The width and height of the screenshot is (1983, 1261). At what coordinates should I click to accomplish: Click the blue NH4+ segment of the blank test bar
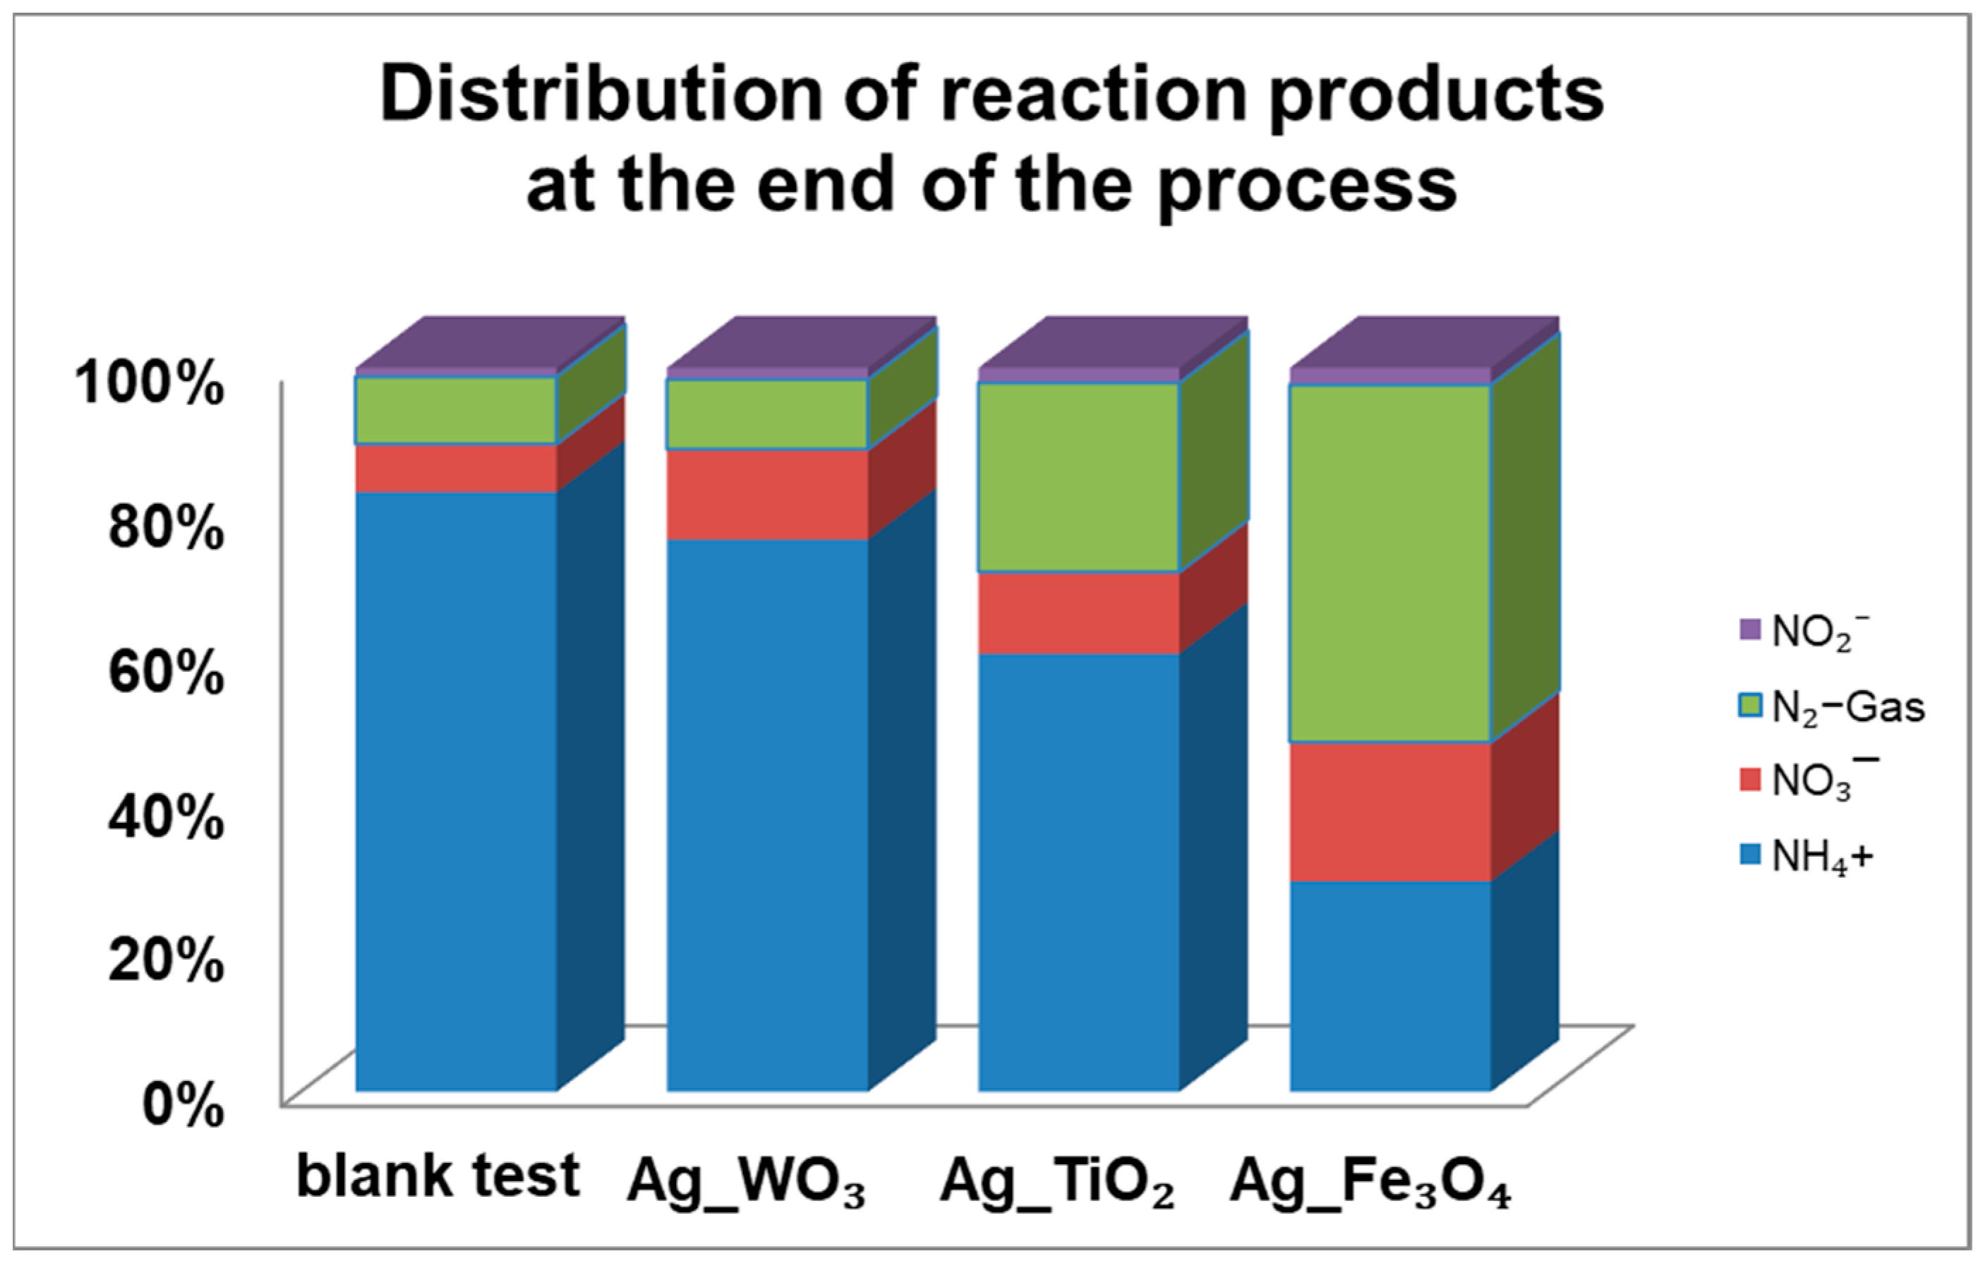[455, 791]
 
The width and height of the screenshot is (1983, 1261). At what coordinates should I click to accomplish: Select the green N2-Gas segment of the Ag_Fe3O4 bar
[1390, 562]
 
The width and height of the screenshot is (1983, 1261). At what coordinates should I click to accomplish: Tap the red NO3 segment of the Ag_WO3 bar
[766, 494]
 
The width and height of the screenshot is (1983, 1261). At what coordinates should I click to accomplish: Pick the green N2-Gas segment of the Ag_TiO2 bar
[1078, 477]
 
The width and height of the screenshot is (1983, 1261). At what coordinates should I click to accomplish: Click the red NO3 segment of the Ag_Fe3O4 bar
[1390, 811]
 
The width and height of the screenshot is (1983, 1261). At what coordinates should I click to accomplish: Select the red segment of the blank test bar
[455, 468]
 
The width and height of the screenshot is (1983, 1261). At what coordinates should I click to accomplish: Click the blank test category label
[438, 1176]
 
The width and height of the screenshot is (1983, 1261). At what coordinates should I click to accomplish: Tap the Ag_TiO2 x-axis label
[1056, 1183]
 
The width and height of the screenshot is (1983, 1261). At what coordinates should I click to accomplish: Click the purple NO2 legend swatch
[1750, 630]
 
